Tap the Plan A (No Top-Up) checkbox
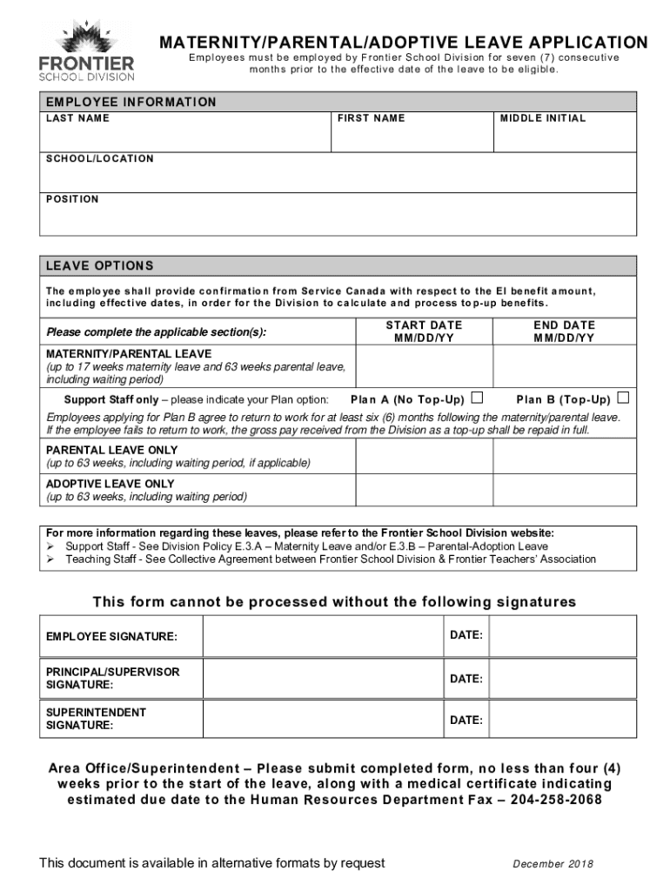(x=477, y=399)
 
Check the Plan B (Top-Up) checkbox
(x=623, y=399)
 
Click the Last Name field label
(x=77, y=118)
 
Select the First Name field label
(x=372, y=118)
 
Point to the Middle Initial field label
(x=543, y=118)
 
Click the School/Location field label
(x=100, y=158)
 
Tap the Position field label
(x=72, y=199)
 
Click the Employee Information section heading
(x=131, y=102)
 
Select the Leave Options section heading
(x=100, y=265)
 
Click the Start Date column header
(x=425, y=332)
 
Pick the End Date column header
(x=564, y=332)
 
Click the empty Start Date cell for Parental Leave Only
(x=425, y=456)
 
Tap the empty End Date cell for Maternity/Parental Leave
(x=564, y=366)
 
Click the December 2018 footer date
(x=553, y=864)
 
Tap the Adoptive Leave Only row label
(x=111, y=484)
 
